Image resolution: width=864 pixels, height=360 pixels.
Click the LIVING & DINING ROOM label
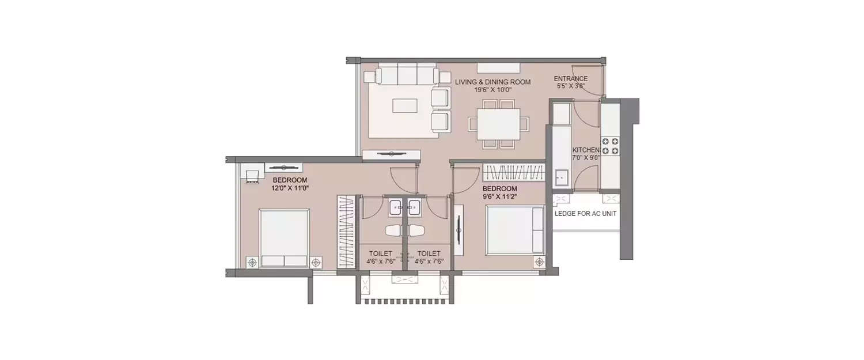tap(492, 82)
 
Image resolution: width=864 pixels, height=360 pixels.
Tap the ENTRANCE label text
tap(570, 79)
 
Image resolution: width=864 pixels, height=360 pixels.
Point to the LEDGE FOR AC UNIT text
tap(585, 214)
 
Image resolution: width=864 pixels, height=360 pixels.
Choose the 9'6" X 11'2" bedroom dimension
tap(499, 196)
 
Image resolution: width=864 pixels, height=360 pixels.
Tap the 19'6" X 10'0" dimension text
tap(492, 90)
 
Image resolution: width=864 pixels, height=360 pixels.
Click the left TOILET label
tap(380, 253)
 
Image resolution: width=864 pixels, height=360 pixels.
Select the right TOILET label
tap(429, 253)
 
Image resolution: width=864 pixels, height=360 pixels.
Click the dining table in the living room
tap(498, 124)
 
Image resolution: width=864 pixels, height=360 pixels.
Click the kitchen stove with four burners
tap(610, 146)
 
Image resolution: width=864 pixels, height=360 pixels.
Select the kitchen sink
tap(561, 178)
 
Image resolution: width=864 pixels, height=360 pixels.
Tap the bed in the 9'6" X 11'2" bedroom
tap(514, 230)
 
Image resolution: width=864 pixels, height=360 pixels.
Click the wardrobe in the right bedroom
tap(513, 172)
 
